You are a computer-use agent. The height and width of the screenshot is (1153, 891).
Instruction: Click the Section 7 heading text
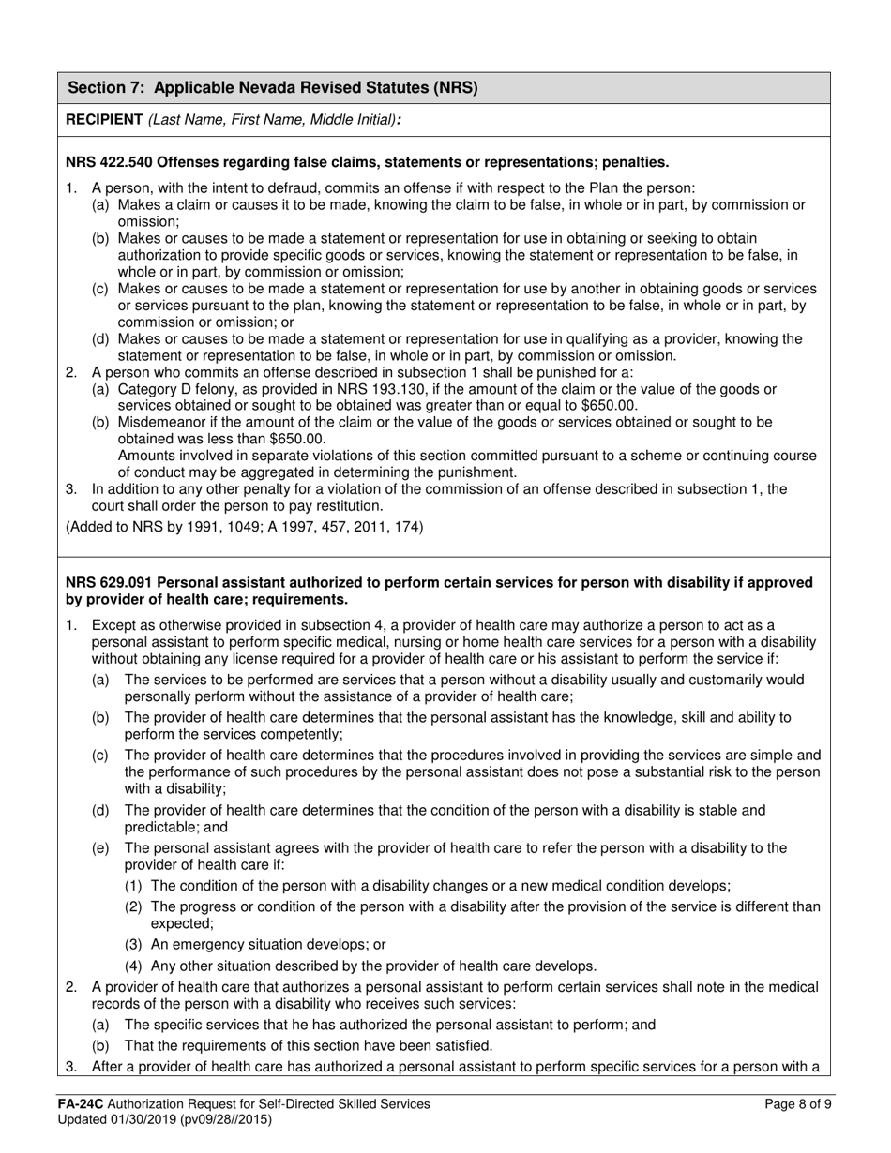[273, 88]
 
